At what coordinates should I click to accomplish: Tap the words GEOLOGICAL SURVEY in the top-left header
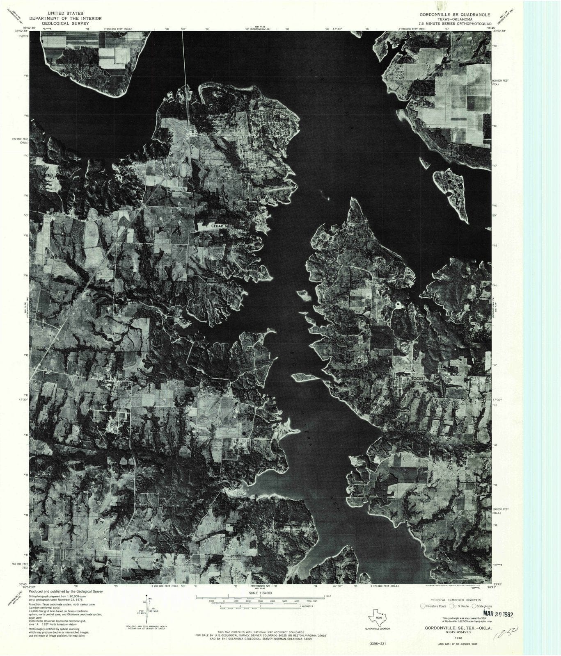pyautogui.click(x=66, y=24)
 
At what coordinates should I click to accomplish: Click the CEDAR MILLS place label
pyautogui.click(x=222, y=226)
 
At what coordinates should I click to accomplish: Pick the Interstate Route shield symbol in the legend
pyautogui.click(x=423, y=606)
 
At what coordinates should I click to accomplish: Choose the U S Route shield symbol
pyautogui.click(x=451, y=606)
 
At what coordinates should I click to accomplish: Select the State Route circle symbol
pyautogui.click(x=474, y=606)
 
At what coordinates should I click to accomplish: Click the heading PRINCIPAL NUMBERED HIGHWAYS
pyautogui.click(x=450, y=599)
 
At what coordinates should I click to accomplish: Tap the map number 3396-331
pyautogui.click(x=378, y=644)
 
